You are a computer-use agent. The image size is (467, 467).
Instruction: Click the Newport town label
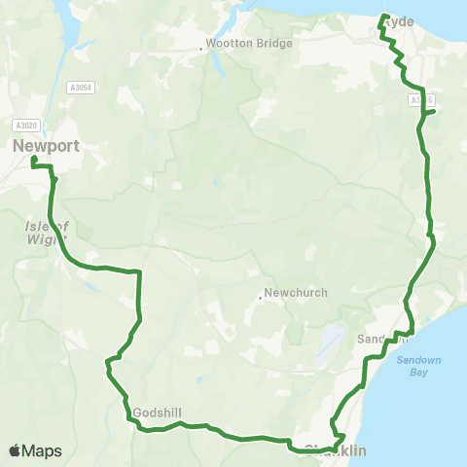tap(45, 145)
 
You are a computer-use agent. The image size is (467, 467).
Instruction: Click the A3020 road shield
tap(26, 125)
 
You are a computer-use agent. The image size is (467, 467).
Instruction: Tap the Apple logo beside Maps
tap(16, 450)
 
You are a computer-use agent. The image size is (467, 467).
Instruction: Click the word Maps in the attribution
tap(43, 450)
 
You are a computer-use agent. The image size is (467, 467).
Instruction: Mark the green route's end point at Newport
tap(33, 160)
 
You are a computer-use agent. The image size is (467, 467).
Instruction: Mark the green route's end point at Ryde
tap(380, 17)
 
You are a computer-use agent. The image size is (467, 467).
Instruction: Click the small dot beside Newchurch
tap(261, 297)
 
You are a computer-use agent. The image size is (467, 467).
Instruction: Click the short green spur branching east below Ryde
tap(429, 112)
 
